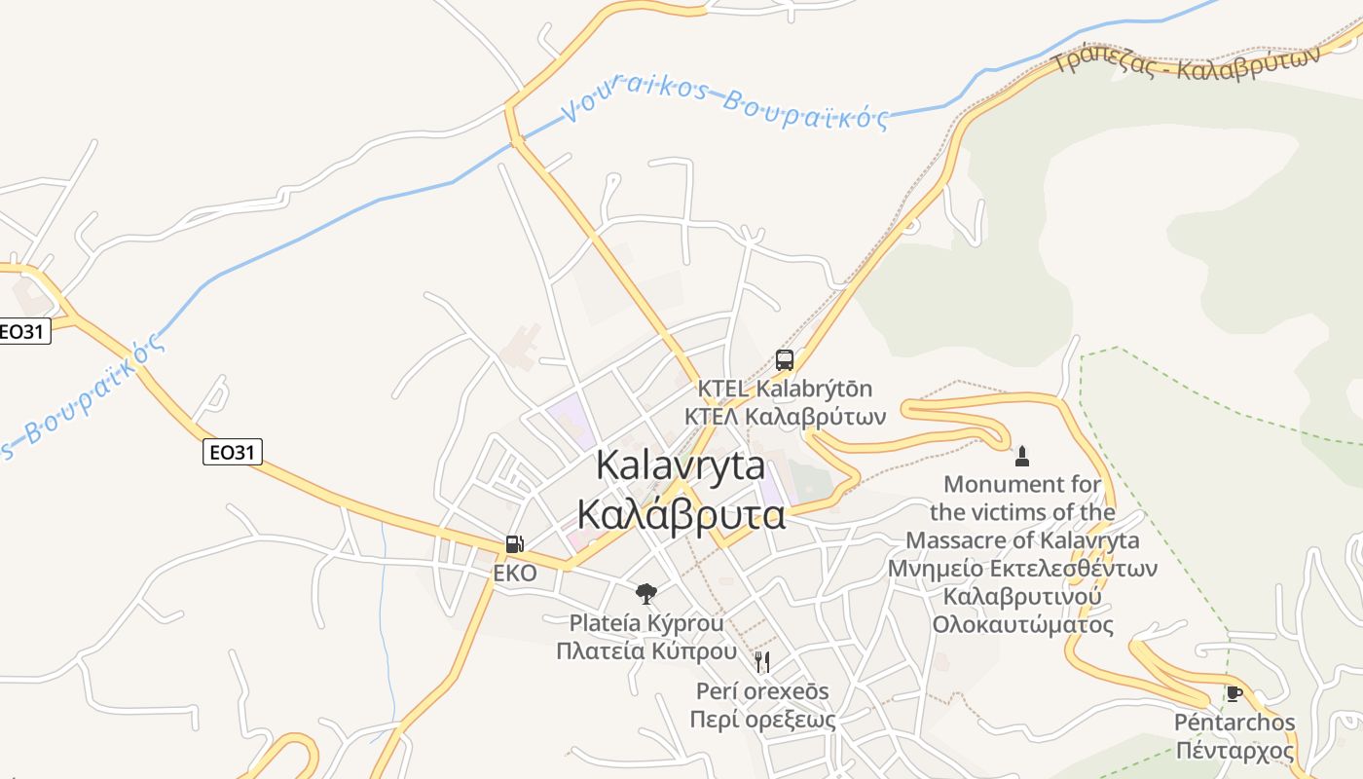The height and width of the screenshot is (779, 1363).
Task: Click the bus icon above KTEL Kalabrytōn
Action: (x=785, y=359)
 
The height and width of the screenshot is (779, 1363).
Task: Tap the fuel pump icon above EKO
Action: (x=514, y=544)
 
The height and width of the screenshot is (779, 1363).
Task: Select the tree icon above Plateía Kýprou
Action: (x=645, y=593)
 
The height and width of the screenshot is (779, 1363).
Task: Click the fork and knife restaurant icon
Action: (x=762, y=662)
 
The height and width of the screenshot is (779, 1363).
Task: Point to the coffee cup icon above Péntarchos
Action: (x=1234, y=693)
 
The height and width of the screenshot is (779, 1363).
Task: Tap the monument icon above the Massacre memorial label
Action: (x=1021, y=456)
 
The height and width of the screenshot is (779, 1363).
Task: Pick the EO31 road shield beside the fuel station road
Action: (x=233, y=452)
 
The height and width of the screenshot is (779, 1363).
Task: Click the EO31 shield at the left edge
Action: (x=22, y=331)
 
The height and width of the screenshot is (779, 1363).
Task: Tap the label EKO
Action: (x=514, y=574)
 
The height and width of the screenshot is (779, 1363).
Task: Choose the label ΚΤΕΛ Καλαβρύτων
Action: (x=785, y=417)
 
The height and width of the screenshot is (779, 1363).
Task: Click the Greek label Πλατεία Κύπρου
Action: (x=645, y=650)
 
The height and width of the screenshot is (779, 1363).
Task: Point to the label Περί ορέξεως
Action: (x=762, y=720)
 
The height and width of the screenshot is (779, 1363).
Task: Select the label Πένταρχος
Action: (x=1234, y=751)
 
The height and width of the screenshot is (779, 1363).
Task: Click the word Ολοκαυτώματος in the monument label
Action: (x=1022, y=624)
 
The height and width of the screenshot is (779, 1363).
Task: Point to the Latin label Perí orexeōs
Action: (x=762, y=691)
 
